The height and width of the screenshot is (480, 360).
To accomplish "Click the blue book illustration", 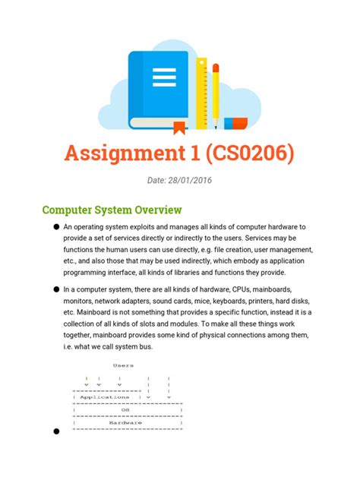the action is point(159,87).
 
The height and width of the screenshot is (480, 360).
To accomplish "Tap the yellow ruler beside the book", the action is point(201,91).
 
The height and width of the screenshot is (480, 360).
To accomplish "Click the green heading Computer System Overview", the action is point(111,209).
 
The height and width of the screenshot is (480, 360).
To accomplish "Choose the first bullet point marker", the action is point(55,227).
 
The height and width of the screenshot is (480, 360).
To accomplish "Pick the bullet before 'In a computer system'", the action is point(55,289).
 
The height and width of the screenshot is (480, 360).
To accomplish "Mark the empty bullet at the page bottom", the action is point(55,432).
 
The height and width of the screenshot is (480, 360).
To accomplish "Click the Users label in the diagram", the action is point(123,365).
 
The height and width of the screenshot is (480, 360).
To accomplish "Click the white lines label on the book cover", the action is point(163,77).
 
